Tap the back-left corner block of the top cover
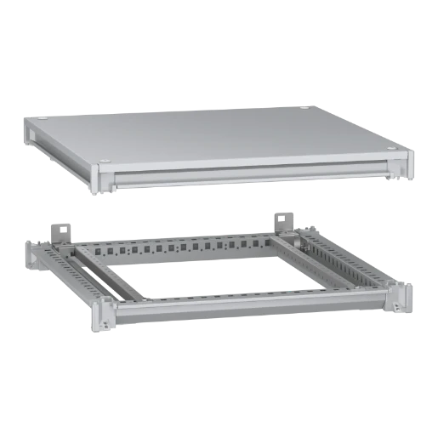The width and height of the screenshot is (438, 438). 34,132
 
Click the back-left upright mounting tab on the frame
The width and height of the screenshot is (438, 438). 60,230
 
